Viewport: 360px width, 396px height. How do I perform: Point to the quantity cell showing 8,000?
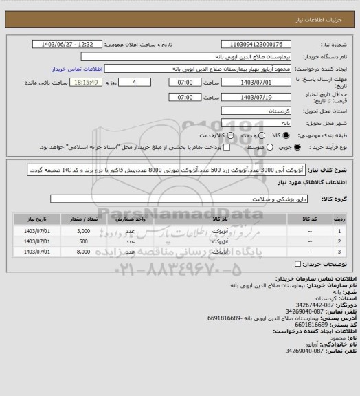(84, 252)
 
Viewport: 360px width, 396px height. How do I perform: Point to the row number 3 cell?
(339, 252)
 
